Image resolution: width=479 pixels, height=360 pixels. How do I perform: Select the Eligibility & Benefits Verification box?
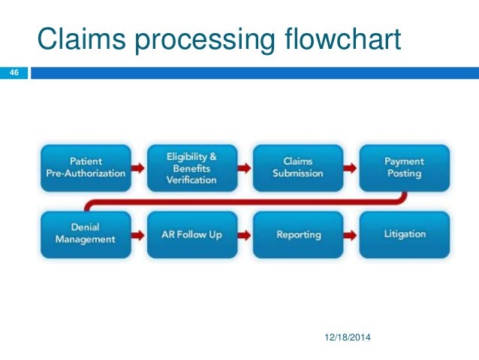191,168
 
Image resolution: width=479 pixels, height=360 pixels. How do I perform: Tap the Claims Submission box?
298,168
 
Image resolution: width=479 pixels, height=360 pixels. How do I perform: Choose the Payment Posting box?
404,168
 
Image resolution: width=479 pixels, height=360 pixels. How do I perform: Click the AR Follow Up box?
191,234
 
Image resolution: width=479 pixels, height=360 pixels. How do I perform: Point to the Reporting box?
298,234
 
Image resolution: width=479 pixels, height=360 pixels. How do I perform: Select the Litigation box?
404,234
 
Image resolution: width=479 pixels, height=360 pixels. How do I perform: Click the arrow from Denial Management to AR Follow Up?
138,235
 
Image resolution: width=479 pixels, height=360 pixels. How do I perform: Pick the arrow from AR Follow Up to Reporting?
245,235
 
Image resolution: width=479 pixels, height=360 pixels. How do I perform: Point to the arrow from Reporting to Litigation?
351,235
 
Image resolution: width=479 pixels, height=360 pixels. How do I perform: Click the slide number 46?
13,73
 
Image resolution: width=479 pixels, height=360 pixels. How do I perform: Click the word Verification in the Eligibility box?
191,180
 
